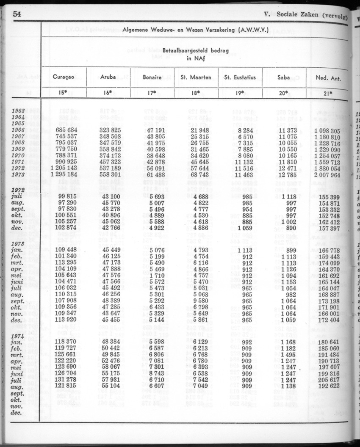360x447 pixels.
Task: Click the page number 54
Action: tap(17, 14)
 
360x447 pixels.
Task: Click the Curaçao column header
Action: tap(64, 77)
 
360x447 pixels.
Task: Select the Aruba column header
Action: tap(108, 77)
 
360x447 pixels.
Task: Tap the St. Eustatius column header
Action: tap(239, 77)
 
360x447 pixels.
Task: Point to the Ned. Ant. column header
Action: tap(328, 78)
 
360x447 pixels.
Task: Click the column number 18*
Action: tap(196, 93)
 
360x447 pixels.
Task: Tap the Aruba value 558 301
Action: tap(110, 175)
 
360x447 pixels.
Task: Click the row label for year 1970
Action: tap(19, 156)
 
